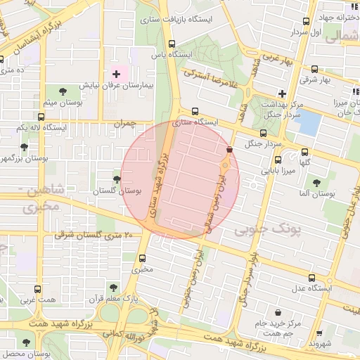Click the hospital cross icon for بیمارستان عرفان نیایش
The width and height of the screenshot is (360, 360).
pos(116,74)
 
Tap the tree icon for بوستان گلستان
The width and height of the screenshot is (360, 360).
pos(117,180)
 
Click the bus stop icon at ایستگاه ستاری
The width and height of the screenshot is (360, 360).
pos(195,111)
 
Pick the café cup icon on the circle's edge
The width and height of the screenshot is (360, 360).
pos(229,149)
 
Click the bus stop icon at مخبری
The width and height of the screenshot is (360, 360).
pos(143,258)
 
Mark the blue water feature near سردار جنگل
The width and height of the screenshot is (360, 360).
pos(308,122)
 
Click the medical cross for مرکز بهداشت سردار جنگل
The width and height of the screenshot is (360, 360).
pos(282,94)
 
